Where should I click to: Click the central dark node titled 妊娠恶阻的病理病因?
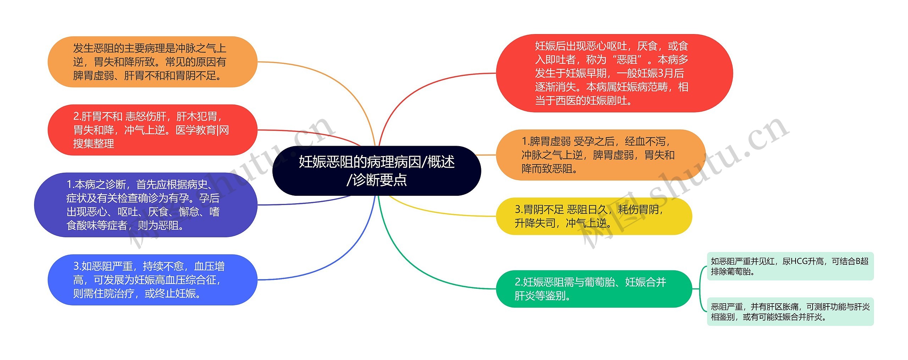point(376,171)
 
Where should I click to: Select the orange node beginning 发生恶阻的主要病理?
point(152,62)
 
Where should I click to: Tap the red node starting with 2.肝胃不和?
point(152,130)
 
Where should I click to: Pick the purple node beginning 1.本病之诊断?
point(145,205)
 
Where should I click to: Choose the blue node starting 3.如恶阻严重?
point(152,280)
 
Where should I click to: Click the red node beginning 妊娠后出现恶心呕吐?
point(614,73)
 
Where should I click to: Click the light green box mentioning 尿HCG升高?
point(790,266)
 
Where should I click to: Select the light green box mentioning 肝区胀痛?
point(790,311)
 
